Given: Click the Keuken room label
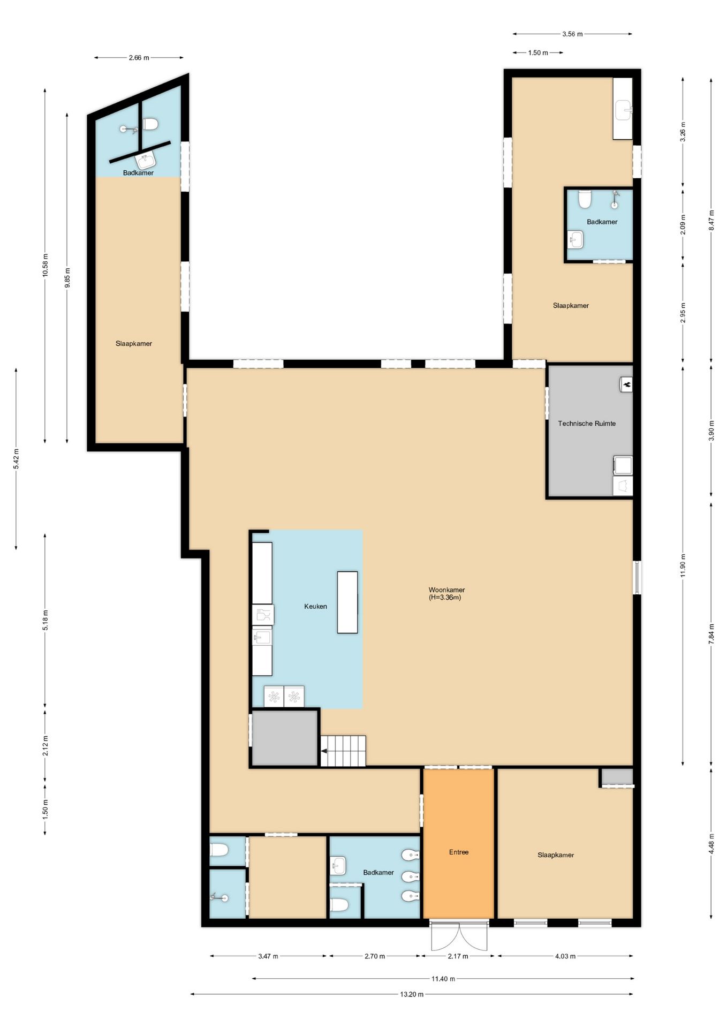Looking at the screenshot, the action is pyautogui.click(x=315, y=607).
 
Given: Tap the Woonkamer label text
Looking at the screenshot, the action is pyautogui.click(x=446, y=590).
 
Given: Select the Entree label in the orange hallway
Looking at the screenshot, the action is pyautogui.click(x=459, y=852).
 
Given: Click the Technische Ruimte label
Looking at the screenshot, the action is pyautogui.click(x=587, y=424).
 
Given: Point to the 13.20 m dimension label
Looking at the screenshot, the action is pyautogui.click(x=412, y=994).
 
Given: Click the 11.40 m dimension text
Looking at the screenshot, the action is pyautogui.click(x=443, y=979).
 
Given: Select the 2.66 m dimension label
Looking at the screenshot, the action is pyautogui.click(x=139, y=58).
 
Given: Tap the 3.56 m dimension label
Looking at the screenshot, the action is pyautogui.click(x=572, y=34).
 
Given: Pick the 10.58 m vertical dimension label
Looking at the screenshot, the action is pyautogui.click(x=46, y=264).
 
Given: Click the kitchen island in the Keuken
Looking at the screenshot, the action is pyautogui.click(x=347, y=602).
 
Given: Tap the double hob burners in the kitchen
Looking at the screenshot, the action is pyautogui.click(x=284, y=697).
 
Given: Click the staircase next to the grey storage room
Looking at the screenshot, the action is pyautogui.click(x=343, y=751).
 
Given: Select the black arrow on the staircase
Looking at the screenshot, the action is pyautogui.click(x=324, y=751).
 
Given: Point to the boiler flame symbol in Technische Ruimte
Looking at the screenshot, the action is pyautogui.click(x=627, y=383).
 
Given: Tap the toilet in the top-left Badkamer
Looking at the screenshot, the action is pyautogui.click(x=150, y=124).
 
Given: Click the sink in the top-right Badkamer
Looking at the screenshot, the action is pyautogui.click(x=575, y=239).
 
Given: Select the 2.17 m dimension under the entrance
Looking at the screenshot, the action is pyautogui.click(x=458, y=956).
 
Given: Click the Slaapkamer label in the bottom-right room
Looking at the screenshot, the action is pyautogui.click(x=556, y=855).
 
